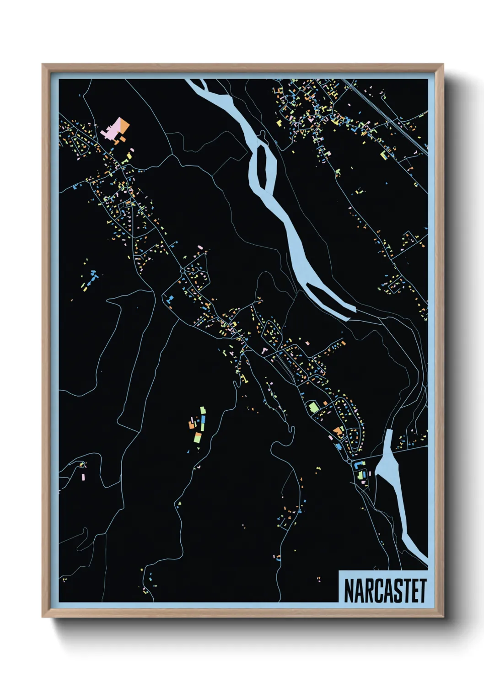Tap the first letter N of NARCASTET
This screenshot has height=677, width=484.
[x=348, y=591]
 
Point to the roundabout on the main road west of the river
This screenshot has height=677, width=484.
[x=183, y=271]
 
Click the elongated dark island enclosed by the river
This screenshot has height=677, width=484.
[x=263, y=167]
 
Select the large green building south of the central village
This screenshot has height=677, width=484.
[x=314, y=407]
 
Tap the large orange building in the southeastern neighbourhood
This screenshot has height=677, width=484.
[x=339, y=430]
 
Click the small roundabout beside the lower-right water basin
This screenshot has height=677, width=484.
[x=351, y=462]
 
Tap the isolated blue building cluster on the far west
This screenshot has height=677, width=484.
[x=94, y=275]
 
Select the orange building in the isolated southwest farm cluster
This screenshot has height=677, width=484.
[x=192, y=425]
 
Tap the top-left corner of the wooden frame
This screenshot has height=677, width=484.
[x=43, y=65]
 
